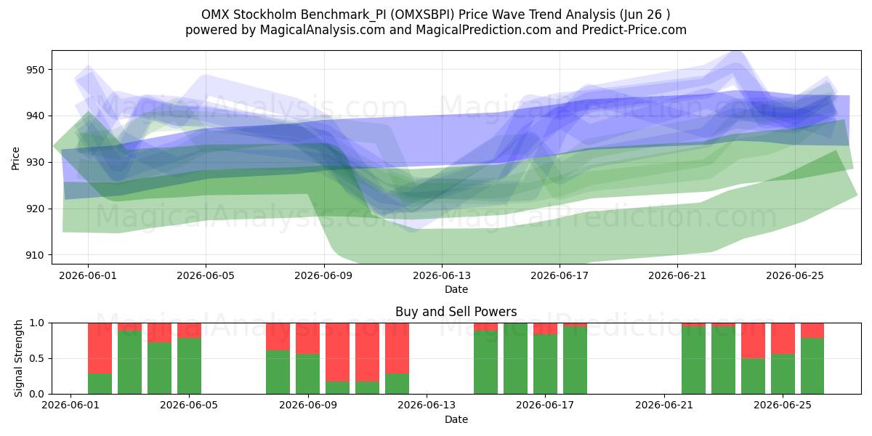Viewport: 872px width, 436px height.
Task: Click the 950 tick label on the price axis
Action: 36,70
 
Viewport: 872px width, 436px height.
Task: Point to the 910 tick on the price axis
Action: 36,255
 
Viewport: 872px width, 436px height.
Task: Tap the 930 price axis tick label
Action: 36,163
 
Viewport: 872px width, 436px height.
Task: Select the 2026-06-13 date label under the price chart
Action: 442,275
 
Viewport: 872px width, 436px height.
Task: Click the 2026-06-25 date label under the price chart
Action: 795,275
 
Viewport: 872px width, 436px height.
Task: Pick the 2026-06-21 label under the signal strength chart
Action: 664,405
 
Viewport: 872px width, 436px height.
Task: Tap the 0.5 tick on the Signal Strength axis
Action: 36,358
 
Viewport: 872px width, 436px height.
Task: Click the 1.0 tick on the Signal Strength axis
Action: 36,323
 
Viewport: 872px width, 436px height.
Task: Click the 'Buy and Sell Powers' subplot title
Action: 456,312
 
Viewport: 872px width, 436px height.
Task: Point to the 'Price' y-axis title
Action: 15,158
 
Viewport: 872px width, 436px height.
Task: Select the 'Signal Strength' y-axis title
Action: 18,358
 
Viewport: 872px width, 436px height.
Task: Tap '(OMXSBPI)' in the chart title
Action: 423,15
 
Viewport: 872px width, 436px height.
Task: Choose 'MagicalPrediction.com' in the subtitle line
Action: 483,30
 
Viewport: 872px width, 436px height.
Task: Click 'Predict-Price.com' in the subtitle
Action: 634,30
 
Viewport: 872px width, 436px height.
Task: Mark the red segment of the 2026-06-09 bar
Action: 307,339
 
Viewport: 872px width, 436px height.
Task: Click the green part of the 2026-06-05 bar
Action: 189,366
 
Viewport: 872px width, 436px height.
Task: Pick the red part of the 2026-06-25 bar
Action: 783,339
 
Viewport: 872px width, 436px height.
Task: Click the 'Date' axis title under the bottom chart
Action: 456,419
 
